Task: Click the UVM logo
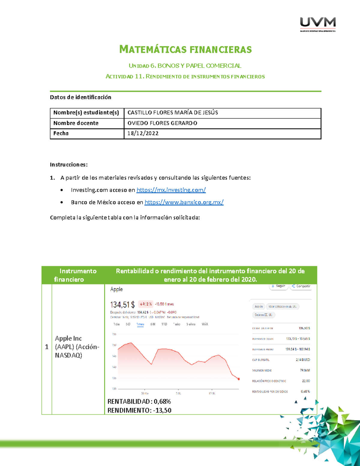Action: [318, 24]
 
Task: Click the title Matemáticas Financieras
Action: [185, 50]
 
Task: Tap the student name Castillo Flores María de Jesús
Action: [172, 113]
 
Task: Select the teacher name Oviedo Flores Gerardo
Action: [162, 123]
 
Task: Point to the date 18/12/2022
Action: [143, 134]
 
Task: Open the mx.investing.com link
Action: [171, 190]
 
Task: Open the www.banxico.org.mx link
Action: [184, 202]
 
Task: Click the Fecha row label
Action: [61, 134]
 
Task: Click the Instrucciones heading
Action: [69, 164]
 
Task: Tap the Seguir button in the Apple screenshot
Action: [278, 286]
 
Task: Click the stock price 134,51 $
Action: [122, 305]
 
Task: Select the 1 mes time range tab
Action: [140, 324]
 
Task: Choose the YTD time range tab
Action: [164, 324]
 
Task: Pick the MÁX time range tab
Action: [205, 324]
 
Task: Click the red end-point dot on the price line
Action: [239, 379]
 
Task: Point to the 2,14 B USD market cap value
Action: [303, 360]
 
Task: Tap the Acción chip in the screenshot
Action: [259, 307]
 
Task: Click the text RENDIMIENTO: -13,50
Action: [139, 410]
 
